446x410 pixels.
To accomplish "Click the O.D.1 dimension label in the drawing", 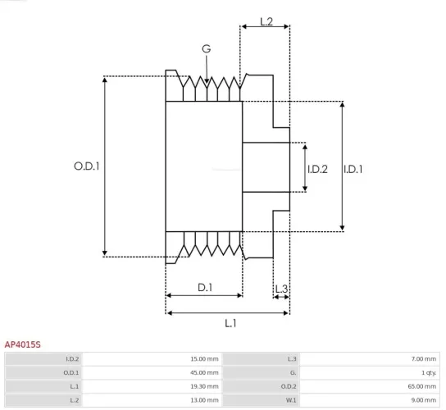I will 86,166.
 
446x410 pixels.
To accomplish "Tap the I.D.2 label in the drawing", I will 317,169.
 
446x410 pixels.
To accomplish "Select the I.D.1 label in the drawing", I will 353,169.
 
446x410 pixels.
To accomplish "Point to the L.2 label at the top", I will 266,21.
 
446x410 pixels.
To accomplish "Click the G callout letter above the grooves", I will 206,49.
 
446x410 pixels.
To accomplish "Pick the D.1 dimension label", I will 205,287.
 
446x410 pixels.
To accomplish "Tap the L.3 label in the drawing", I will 280,289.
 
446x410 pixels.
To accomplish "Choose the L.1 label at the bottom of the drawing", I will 230,323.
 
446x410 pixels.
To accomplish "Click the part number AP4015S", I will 23,345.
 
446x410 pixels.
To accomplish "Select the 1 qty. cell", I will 426,372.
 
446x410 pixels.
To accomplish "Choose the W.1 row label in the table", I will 291,399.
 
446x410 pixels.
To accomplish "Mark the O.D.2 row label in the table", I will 289,386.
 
